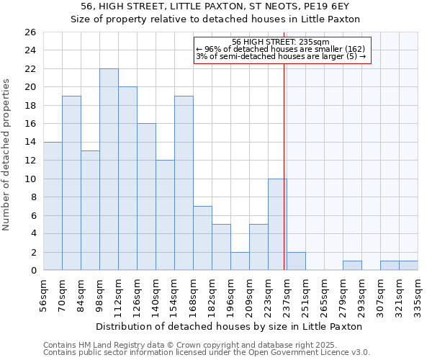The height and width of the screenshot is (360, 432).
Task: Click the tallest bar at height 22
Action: (x=109, y=169)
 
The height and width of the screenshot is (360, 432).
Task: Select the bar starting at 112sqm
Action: (x=127, y=179)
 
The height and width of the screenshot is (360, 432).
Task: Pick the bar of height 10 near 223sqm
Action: (x=277, y=224)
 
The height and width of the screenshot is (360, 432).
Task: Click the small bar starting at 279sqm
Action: (x=352, y=266)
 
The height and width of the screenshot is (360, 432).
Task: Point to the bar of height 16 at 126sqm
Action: (x=146, y=197)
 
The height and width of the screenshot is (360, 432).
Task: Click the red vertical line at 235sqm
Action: (x=284, y=180)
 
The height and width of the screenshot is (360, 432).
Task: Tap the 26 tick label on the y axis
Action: (x=30, y=32)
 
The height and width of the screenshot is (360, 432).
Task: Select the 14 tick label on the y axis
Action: (x=30, y=143)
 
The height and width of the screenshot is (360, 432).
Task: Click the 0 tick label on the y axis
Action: (x=33, y=271)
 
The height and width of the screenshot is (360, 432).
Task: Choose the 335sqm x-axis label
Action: (x=418, y=294)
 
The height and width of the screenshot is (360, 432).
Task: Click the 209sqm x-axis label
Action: (x=249, y=294)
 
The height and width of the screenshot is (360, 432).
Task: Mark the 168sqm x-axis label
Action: (x=193, y=294)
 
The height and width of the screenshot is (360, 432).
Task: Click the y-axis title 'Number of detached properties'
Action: (x=6, y=166)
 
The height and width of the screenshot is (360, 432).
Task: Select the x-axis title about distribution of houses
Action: (x=230, y=326)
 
